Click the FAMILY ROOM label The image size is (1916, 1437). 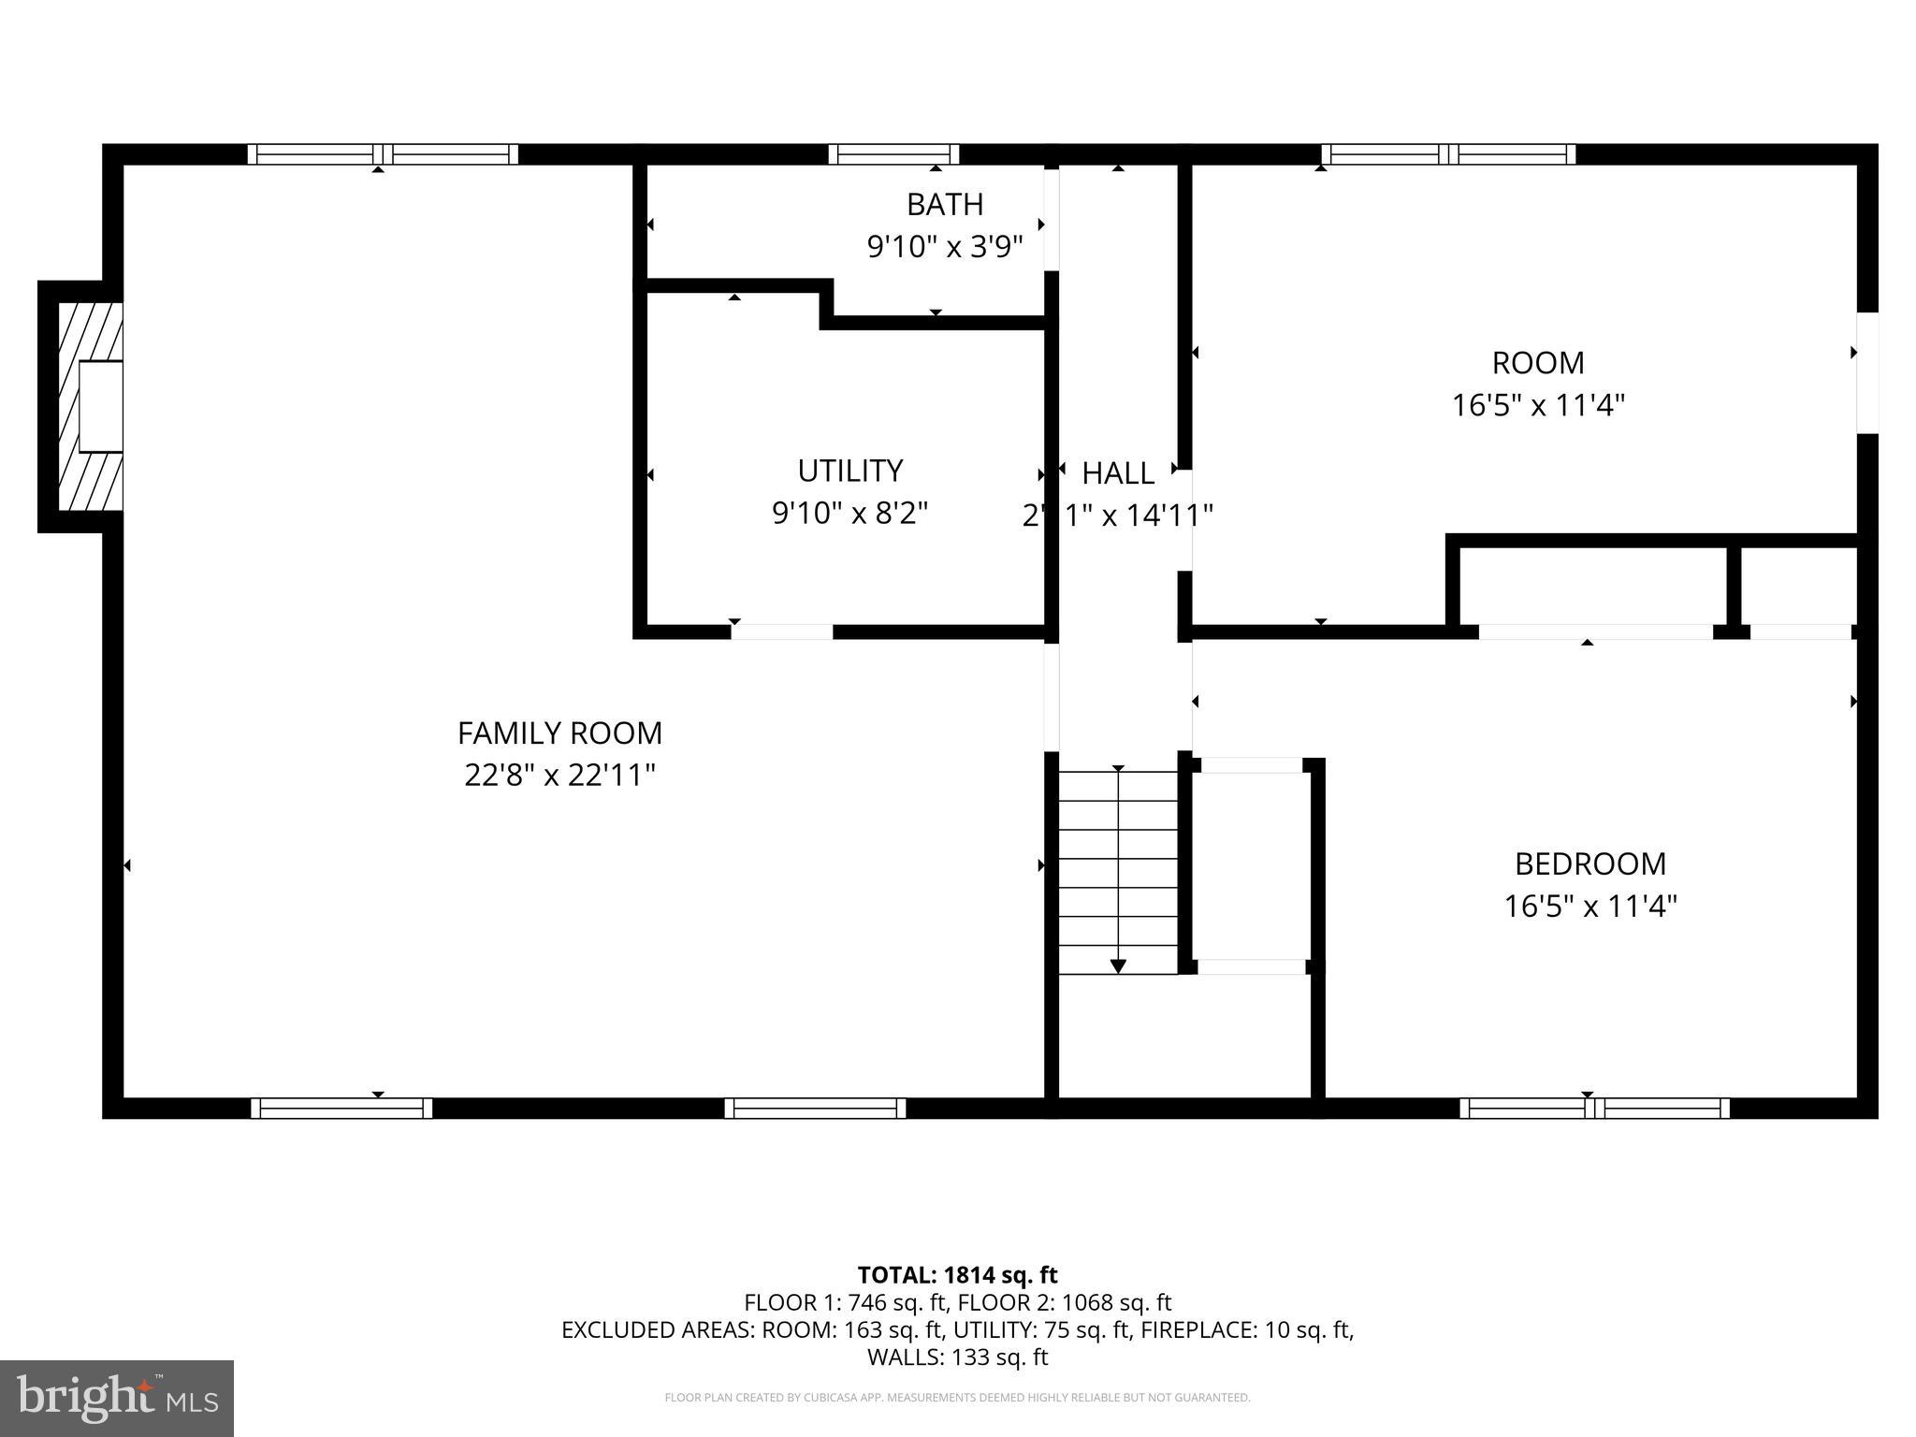(559, 733)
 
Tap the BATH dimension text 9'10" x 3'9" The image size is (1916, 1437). (945, 247)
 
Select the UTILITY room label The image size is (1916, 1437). (849, 470)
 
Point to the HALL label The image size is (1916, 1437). (1118, 473)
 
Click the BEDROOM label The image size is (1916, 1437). (1589, 863)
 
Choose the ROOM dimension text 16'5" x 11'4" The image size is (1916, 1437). (1538, 405)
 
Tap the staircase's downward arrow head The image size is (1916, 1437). (1118, 966)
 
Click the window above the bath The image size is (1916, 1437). (893, 154)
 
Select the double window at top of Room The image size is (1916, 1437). (1448, 154)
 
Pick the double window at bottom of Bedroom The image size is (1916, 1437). (1594, 1109)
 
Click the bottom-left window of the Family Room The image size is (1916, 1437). (341, 1109)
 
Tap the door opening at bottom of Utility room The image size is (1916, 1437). (782, 632)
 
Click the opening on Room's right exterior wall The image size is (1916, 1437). (1866, 372)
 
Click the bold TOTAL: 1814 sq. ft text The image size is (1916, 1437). (957, 1275)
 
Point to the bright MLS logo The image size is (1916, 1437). (117, 1399)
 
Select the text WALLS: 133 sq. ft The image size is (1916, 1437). (957, 1357)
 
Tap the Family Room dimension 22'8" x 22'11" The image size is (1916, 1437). (559, 776)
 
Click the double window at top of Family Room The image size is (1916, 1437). (383, 154)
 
